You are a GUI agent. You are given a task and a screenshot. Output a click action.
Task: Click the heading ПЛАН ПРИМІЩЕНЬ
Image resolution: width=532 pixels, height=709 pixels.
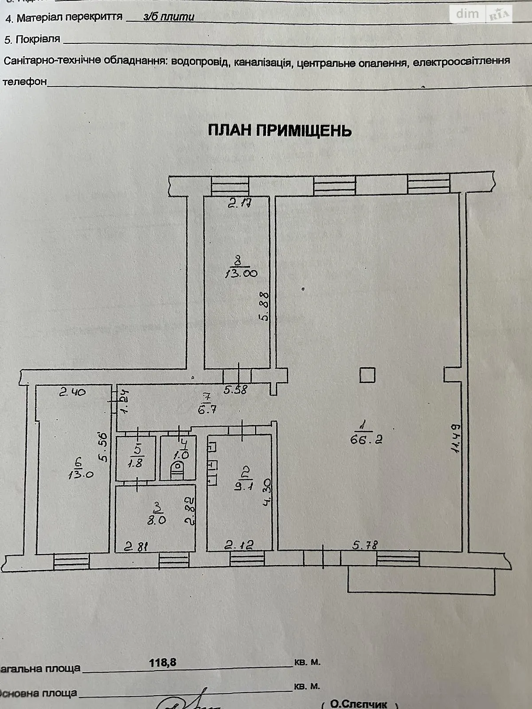(x=280, y=130)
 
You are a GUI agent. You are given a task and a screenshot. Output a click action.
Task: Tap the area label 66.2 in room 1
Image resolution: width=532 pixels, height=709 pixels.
(x=366, y=439)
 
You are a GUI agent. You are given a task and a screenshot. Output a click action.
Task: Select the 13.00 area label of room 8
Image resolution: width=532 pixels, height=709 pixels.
(x=241, y=273)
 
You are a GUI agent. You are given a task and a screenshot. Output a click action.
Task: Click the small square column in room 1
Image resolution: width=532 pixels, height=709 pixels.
(x=367, y=375)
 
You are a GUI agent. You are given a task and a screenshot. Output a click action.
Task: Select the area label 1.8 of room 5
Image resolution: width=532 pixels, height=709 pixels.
(x=137, y=464)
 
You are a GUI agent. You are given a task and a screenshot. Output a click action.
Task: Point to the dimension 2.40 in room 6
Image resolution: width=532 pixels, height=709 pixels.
(x=73, y=391)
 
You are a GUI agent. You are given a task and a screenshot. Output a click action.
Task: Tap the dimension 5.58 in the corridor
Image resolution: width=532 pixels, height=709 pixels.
(x=235, y=390)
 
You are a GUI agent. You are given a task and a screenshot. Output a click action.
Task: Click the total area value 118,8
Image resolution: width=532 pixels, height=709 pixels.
(x=163, y=662)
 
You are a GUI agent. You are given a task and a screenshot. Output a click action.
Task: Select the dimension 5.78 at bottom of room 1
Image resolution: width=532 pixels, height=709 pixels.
(x=365, y=545)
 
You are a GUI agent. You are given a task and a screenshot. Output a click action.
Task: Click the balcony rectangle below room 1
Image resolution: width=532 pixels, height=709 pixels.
(x=421, y=580)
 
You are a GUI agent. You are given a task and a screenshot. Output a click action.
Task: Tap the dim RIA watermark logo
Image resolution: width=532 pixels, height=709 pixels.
(x=483, y=14)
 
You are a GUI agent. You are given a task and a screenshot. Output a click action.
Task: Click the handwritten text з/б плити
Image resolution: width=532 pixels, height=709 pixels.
(x=169, y=17)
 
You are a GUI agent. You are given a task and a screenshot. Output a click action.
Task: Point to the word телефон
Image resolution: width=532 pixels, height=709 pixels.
(x=24, y=82)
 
